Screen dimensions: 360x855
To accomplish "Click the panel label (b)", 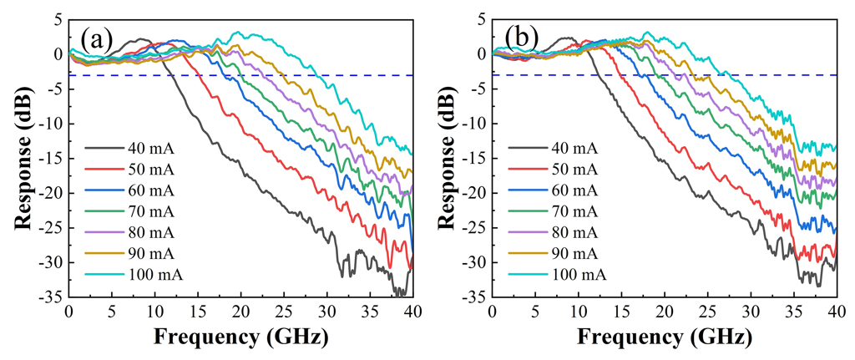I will click(521, 39).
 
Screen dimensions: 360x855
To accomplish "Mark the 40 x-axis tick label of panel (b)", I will click(836, 312).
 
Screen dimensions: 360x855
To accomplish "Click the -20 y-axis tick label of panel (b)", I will click(472, 193).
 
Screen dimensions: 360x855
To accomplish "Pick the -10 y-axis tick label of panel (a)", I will click(48, 124).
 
